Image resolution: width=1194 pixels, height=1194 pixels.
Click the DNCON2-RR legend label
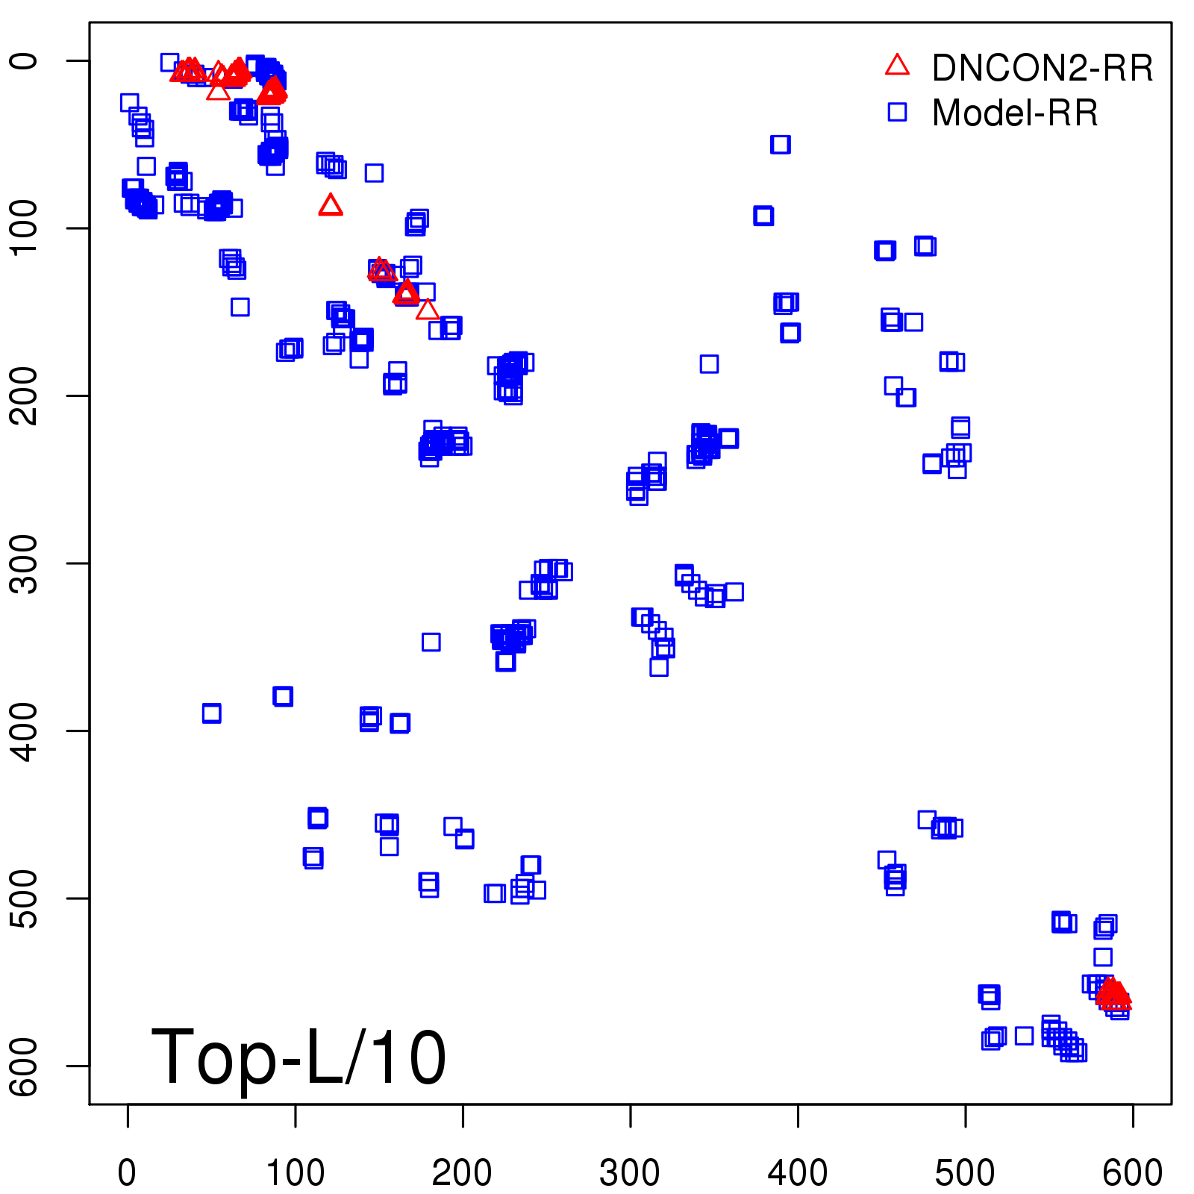point(1042,69)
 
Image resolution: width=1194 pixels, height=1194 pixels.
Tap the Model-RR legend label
point(1015,113)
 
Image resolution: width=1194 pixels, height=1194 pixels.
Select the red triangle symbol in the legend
point(897,66)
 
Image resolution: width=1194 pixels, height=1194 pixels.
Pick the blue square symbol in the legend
point(897,112)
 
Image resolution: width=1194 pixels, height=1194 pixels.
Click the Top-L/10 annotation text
point(298,1057)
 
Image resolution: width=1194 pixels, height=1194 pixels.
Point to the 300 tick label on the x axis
point(630,1172)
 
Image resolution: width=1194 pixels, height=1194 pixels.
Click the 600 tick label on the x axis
point(1132,1172)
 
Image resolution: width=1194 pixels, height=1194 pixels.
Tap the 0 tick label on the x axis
point(128,1172)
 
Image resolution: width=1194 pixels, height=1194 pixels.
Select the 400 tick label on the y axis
point(26,731)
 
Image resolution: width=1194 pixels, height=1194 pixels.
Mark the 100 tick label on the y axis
point(26,228)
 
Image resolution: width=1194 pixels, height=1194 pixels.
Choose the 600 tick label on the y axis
point(26,1066)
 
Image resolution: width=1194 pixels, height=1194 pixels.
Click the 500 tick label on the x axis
point(965,1172)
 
